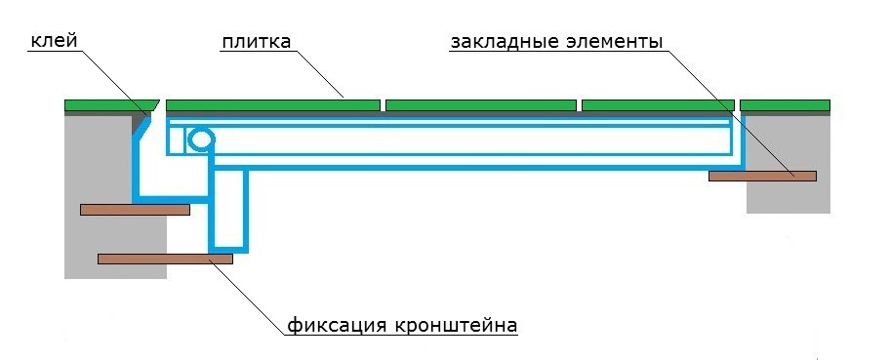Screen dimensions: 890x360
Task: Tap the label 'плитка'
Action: coord(256,41)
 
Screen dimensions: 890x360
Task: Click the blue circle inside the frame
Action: coord(201,140)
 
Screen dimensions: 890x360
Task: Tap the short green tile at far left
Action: coord(110,105)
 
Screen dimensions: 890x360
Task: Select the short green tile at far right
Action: coord(785,105)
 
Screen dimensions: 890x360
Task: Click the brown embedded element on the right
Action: coord(762,176)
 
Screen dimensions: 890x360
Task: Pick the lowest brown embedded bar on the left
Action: coord(165,259)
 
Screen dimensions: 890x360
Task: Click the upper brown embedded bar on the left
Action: coord(135,210)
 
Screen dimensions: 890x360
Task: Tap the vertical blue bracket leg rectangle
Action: coord(229,210)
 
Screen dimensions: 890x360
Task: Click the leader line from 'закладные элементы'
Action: coord(728,113)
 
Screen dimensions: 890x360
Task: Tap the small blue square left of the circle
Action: coord(177,140)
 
